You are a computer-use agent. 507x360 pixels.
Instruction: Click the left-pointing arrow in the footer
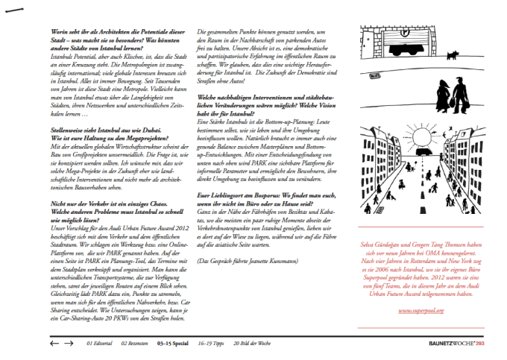[53, 344]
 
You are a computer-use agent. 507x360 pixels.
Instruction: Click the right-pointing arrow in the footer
[69, 344]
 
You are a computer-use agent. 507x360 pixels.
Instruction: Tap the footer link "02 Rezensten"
[133, 344]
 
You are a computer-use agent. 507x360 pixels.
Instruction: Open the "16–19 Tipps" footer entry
[210, 344]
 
